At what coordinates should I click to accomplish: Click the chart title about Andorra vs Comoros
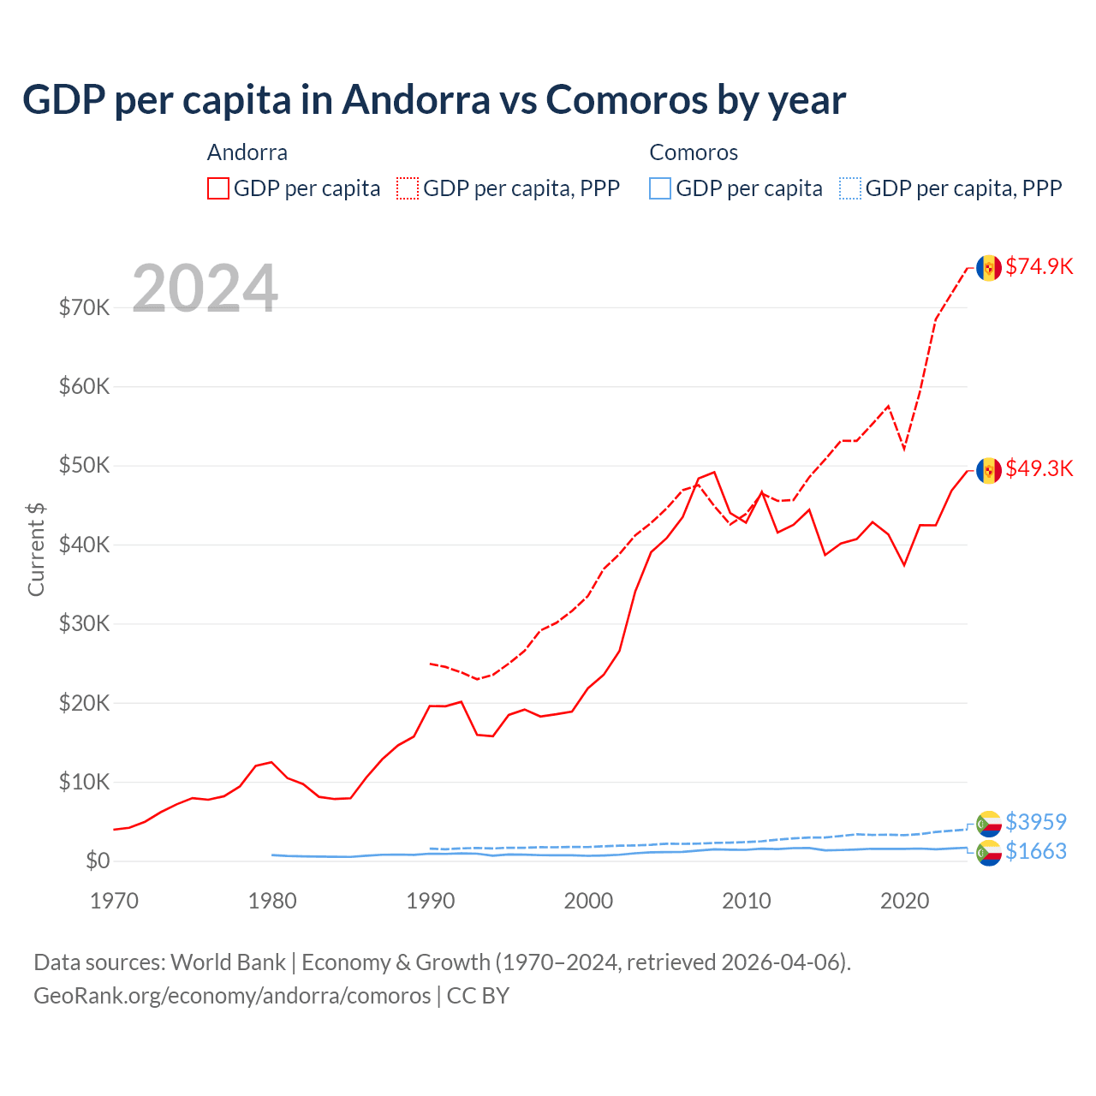click(434, 100)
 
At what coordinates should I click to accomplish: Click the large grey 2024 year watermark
click(205, 289)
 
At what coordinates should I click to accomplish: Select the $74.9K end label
click(1039, 266)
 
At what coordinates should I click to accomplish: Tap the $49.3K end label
click(1039, 468)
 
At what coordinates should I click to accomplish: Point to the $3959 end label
click(1035, 822)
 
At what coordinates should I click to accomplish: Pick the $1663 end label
click(1035, 851)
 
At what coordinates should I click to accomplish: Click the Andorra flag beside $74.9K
click(989, 268)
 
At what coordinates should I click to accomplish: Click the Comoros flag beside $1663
click(989, 853)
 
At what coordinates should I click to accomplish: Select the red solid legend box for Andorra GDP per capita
click(218, 188)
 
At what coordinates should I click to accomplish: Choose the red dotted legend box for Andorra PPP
click(408, 188)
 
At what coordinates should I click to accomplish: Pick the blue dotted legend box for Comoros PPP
click(850, 188)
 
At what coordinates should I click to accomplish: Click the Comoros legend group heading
click(694, 152)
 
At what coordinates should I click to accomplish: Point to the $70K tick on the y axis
click(84, 307)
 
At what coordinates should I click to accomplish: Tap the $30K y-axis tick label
click(84, 623)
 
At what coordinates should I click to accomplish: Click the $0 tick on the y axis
click(97, 861)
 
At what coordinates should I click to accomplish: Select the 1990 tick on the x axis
click(430, 901)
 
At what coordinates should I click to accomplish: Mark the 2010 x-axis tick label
click(747, 901)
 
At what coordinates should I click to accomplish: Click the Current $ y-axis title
click(36, 549)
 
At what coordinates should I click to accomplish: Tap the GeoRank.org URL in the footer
click(232, 996)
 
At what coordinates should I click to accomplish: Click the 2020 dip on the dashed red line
click(904, 449)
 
